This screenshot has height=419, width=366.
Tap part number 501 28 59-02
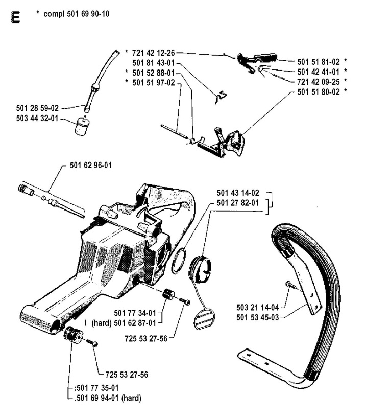click(x=37, y=108)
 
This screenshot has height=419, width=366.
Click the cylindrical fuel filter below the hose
click(x=82, y=125)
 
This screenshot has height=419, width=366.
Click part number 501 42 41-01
click(x=319, y=72)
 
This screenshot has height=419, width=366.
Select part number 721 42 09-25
click(x=319, y=81)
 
